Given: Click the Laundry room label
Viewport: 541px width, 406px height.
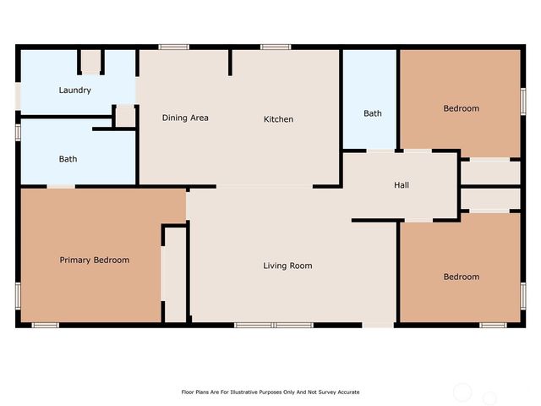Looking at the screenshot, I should point(74,91).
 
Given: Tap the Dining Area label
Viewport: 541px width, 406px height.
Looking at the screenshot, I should point(185,118).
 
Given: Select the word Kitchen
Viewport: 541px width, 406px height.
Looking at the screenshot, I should point(278,119).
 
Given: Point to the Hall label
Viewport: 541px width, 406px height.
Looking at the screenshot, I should point(402,185).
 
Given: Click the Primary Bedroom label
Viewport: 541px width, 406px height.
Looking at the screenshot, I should point(94,261).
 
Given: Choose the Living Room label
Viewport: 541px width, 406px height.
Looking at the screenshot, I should point(287,266).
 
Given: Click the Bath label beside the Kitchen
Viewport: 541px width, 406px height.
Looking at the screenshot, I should point(373,113).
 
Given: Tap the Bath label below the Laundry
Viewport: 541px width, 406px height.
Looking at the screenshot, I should point(68,159).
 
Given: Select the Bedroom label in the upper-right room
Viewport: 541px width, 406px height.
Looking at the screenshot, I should point(461,108).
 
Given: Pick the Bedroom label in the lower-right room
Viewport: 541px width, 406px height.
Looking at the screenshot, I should point(461,277).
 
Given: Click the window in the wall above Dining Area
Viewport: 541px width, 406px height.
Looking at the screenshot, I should point(174,47).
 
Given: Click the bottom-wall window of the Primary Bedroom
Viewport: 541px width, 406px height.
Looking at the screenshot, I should point(45,325).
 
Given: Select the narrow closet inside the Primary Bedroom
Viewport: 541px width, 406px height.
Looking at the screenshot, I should point(175,273).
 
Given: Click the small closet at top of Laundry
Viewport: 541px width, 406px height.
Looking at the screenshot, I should point(91,62).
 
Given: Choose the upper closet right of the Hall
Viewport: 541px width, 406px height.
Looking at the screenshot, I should point(489,172).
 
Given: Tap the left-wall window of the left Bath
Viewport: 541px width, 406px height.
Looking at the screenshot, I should point(18,133).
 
